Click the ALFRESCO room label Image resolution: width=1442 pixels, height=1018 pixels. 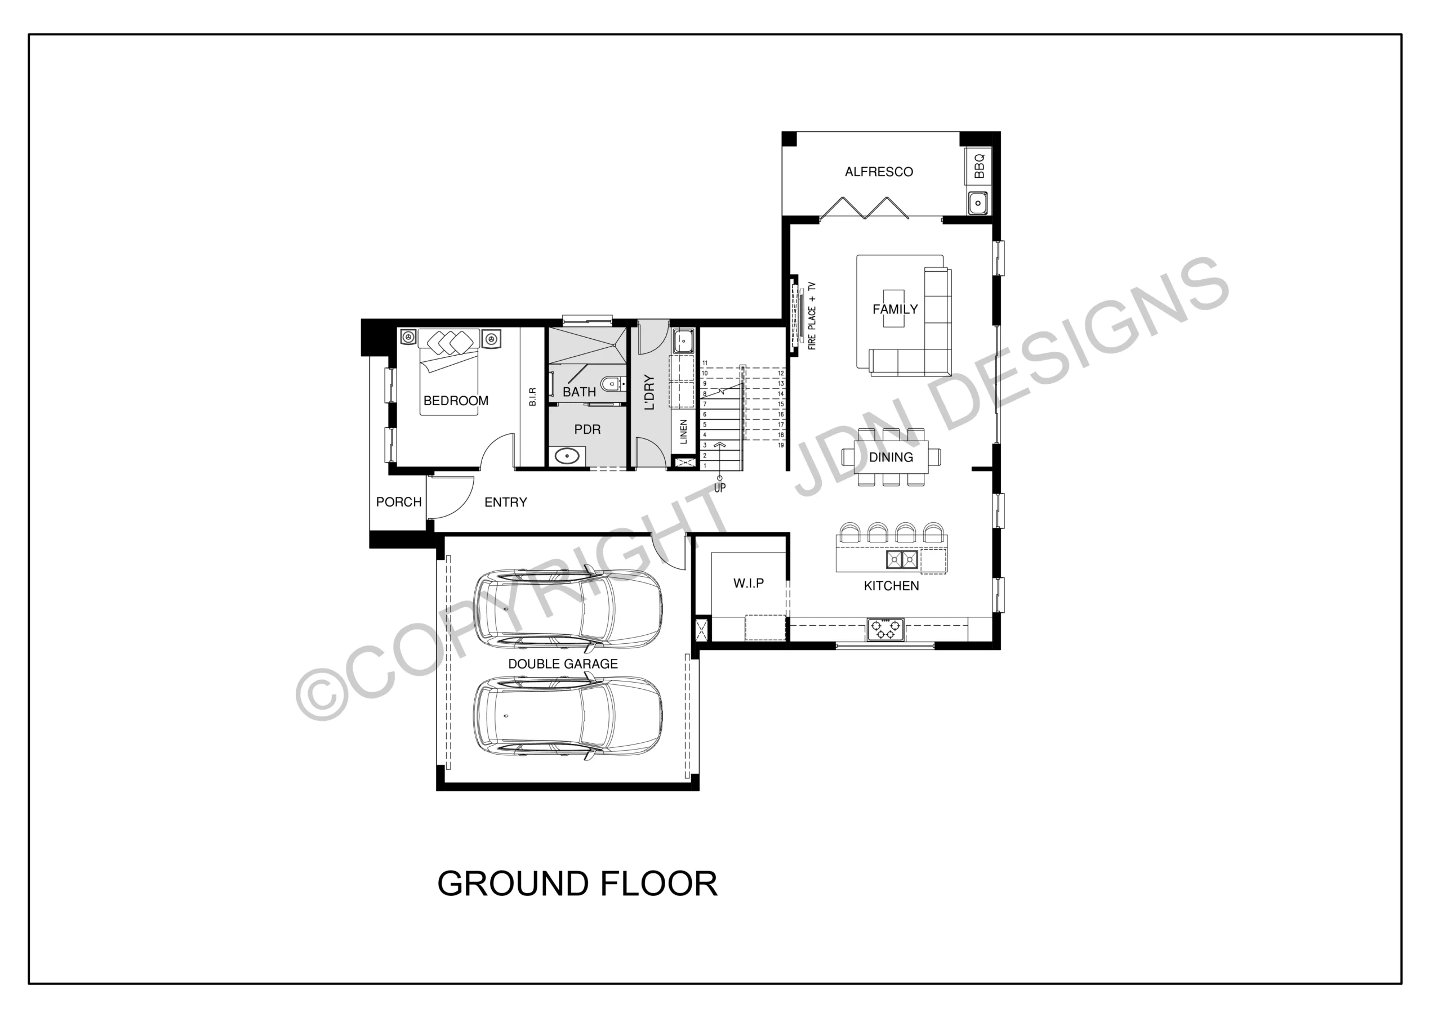(x=879, y=172)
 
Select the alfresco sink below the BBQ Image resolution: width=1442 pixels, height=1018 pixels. (x=978, y=203)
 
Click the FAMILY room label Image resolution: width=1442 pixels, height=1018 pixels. (x=895, y=310)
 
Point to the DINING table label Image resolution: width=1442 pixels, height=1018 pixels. (x=891, y=458)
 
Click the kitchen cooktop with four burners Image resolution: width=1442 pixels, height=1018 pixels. (x=885, y=629)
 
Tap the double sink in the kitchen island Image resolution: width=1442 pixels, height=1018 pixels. (x=902, y=559)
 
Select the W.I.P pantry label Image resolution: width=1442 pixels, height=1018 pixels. (x=749, y=584)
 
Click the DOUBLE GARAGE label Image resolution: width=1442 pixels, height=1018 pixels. (x=563, y=664)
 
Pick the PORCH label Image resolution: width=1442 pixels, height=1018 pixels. (x=399, y=502)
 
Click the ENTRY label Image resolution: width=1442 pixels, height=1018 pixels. (x=506, y=502)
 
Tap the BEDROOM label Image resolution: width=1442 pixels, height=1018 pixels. (x=456, y=401)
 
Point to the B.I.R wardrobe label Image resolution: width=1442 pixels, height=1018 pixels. (x=533, y=397)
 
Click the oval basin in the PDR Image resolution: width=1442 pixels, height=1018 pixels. (x=568, y=456)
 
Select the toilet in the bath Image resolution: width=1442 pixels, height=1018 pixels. (x=611, y=383)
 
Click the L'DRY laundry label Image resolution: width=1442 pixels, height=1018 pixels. (x=650, y=392)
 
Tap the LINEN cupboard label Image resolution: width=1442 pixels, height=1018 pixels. (x=684, y=432)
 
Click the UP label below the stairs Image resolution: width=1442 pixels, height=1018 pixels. (x=720, y=488)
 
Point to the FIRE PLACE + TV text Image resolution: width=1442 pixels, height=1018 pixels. (x=812, y=316)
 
